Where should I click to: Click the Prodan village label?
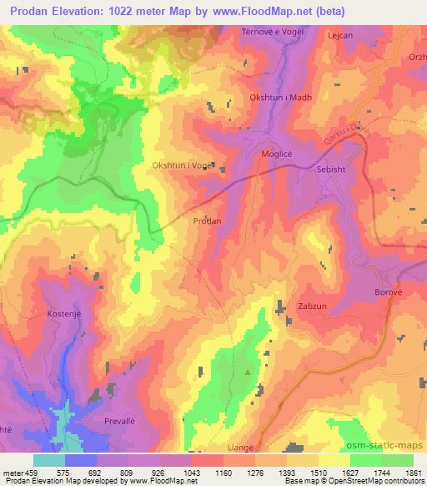click(207, 222)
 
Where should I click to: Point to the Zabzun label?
click(314, 306)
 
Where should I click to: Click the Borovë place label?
click(389, 295)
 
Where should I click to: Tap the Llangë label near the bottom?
click(266, 448)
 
